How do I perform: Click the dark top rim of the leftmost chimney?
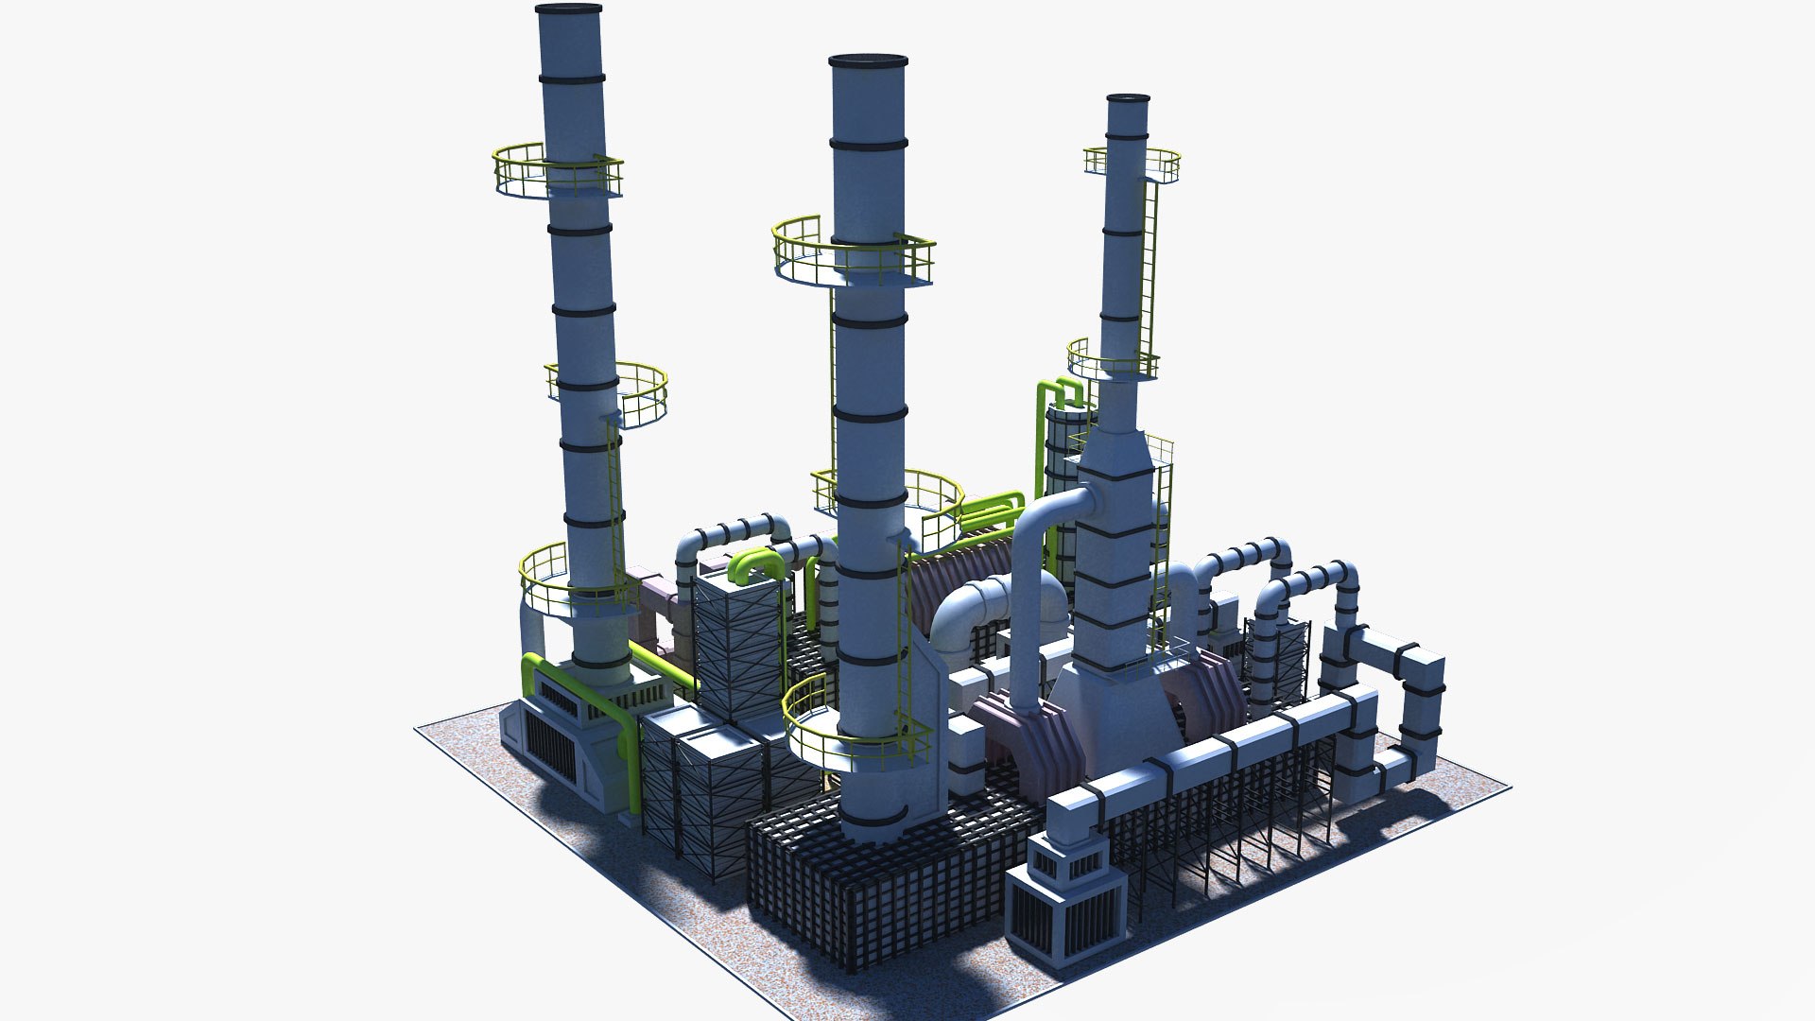tap(568, 9)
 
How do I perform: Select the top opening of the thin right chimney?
tap(1128, 98)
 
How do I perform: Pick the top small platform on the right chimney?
tap(1132, 163)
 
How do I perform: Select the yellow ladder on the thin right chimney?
tap(1149, 274)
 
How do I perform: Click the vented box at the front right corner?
tap(1065, 893)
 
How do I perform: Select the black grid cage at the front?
tap(879, 870)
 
